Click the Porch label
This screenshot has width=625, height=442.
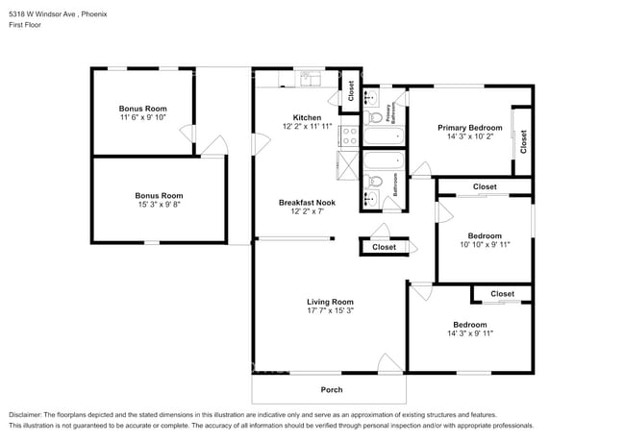331,389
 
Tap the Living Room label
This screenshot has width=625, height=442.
330,302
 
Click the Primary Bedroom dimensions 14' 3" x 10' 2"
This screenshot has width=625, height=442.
469,136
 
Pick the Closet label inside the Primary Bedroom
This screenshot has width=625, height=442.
523,142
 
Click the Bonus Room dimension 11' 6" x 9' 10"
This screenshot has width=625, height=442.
143,118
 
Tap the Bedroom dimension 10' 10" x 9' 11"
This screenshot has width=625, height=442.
484,245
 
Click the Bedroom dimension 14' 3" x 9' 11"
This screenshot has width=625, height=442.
469,333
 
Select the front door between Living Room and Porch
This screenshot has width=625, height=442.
388,365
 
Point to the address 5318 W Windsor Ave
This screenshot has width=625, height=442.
41,13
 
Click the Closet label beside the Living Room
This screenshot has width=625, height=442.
384,247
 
